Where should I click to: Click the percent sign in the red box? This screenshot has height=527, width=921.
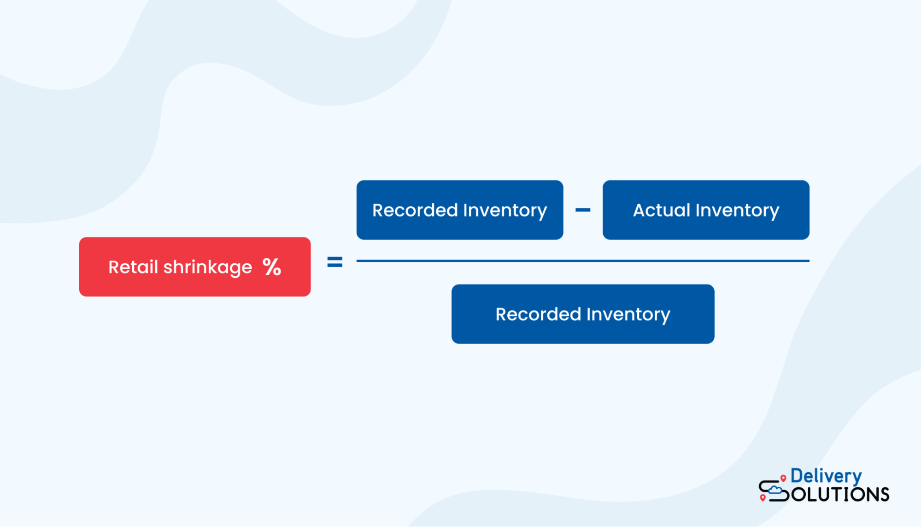[x=272, y=267]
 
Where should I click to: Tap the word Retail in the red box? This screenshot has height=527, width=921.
[x=133, y=267]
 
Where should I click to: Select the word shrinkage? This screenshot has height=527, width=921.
[x=208, y=268]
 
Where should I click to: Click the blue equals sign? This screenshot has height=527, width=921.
[x=335, y=262]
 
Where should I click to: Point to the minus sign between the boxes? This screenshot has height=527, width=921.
[x=583, y=210]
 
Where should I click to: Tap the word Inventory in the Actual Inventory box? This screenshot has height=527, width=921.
[x=737, y=211]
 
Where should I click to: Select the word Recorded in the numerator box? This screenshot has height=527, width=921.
[x=415, y=210]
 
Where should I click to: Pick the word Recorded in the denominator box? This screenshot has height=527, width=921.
[x=538, y=314]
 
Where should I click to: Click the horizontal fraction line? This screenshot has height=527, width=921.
[x=582, y=261]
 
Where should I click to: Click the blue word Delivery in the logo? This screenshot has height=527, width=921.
[x=826, y=476]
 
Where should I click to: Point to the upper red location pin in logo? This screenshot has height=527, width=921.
[x=783, y=478]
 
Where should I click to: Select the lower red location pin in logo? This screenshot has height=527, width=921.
[x=763, y=497]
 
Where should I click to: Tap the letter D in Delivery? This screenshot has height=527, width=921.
[x=797, y=476]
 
